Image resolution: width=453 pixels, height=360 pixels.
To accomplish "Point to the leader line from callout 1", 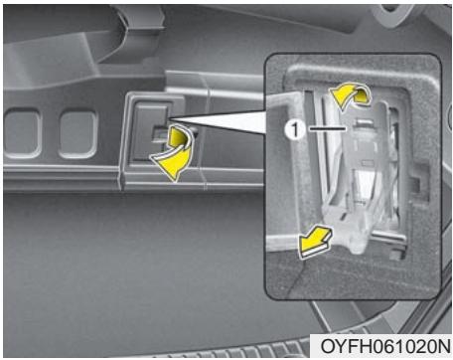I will coord(324,128).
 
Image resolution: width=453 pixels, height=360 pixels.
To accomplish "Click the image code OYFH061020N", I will coord(382,345).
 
